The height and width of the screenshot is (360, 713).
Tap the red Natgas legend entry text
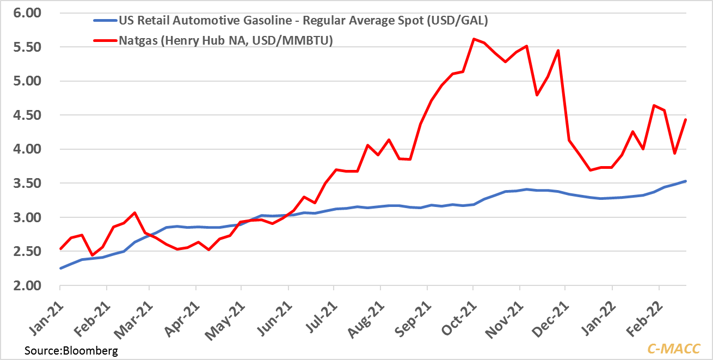225,40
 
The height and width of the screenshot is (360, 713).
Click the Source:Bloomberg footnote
71,350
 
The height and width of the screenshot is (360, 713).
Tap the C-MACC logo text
673,349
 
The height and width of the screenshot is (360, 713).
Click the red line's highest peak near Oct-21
474,39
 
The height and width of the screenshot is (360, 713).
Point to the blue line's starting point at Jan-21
61,268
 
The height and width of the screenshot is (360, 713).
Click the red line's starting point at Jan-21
61,248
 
